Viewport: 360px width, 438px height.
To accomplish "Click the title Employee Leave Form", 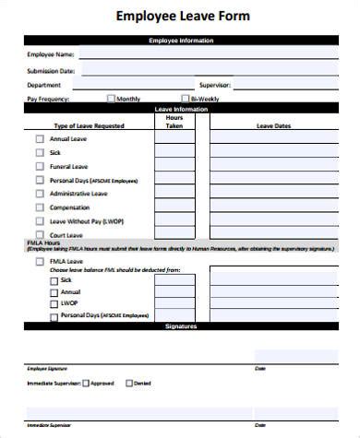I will [x=182, y=17].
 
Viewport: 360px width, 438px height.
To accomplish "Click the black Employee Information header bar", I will [x=180, y=41].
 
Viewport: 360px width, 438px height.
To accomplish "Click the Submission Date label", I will [x=51, y=70].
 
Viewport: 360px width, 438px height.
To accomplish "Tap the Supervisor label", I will [x=214, y=85].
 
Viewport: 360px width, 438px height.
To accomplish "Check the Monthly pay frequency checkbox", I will [x=112, y=98].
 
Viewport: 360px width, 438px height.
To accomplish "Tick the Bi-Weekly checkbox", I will [x=186, y=98].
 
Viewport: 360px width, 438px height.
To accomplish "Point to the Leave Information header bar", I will [x=180, y=109].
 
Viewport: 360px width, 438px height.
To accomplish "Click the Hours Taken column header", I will [x=174, y=121].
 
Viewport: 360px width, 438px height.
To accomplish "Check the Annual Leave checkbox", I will [x=39, y=138].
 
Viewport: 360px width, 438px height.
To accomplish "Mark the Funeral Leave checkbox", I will [x=39, y=167].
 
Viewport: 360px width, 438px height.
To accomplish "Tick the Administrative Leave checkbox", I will [x=39, y=194].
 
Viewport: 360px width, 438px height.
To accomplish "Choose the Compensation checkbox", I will [x=39, y=207].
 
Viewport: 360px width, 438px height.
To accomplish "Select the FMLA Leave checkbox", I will [x=39, y=261].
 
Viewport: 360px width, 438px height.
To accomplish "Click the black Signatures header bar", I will [x=180, y=326].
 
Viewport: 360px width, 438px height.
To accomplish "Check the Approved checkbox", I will [x=86, y=382].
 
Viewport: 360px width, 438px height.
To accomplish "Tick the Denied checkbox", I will [x=128, y=382].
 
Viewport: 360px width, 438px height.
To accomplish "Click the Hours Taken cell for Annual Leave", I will [x=174, y=138].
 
